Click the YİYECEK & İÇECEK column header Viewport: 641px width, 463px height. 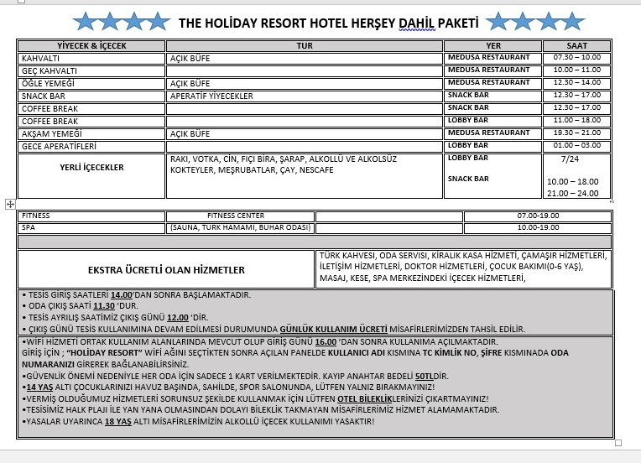point(91,46)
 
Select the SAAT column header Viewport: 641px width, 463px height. point(576,46)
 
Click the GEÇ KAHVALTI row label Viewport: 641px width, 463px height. point(50,71)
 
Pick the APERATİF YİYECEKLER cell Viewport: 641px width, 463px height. point(211,96)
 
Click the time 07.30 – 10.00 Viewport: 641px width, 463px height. point(576,59)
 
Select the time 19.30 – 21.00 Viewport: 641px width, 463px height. point(576,133)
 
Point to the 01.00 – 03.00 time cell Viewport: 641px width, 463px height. point(576,146)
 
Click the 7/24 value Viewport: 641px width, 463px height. point(570,159)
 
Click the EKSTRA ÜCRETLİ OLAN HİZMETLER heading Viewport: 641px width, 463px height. point(166,270)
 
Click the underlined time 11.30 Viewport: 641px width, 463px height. point(104,306)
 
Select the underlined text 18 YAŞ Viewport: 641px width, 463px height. point(117,421)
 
